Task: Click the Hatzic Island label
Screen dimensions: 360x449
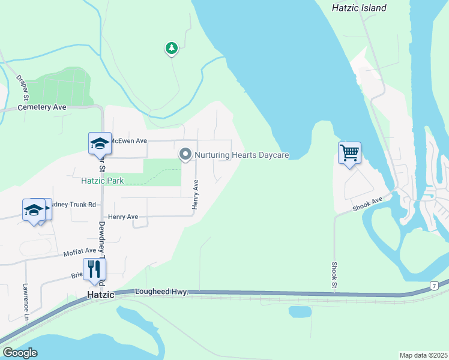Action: point(359,8)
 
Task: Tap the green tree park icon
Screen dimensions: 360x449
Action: point(172,48)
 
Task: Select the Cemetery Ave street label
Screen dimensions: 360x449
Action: point(41,107)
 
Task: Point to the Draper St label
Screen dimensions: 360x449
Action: point(23,88)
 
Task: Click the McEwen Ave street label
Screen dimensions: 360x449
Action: point(129,141)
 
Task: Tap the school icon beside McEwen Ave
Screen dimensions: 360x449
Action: point(100,143)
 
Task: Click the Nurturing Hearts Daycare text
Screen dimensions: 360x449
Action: point(243,155)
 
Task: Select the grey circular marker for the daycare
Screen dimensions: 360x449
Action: point(185,155)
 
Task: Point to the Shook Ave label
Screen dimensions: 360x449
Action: point(367,205)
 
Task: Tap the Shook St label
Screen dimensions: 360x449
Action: point(334,275)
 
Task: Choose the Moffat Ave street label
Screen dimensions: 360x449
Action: point(80,251)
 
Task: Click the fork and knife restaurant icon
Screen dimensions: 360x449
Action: point(94,269)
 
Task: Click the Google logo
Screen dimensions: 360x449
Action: point(20,353)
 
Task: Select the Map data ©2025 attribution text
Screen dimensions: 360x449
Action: point(423,355)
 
